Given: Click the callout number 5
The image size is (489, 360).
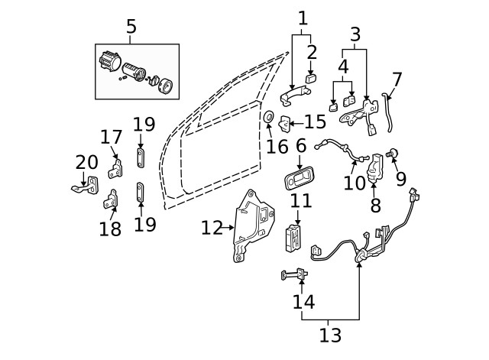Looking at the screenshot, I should (x=131, y=28).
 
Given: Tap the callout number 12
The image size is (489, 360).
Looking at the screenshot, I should (x=211, y=227).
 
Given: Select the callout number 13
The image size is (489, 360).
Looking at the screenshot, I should (x=330, y=335).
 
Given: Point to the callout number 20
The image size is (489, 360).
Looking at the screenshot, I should (x=87, y=162).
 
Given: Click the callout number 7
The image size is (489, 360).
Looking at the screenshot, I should (x=397, y=79).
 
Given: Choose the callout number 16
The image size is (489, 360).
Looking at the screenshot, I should (x=277, y=144).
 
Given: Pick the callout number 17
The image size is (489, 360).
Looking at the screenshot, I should (x=112, y=138).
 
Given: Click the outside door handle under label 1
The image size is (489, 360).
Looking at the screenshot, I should (x=290, y=96).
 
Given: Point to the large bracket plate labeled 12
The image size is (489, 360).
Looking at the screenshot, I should (x=254, y=224).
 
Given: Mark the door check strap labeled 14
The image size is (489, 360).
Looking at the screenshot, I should (x=296, y=274).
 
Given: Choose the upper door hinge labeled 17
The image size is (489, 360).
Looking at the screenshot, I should (x=116, y=166).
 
